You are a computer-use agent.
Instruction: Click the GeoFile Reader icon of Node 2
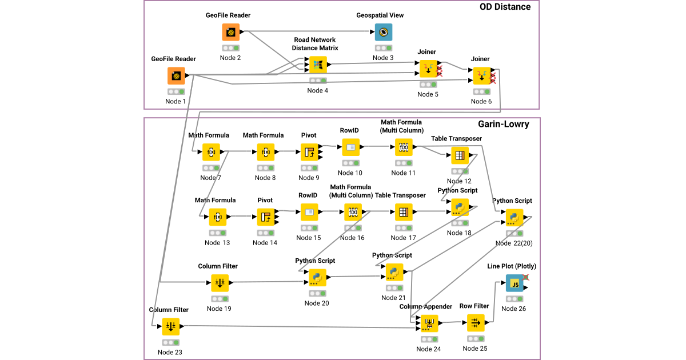coord(231,32)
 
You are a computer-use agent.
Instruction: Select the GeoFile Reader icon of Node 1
coord(176,76)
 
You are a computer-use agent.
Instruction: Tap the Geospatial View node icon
coord(384,32)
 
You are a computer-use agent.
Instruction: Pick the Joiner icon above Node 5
coord(428,69)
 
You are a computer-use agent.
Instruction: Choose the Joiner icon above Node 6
coord(481,76)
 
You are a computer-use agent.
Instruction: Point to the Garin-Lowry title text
coord(503,124)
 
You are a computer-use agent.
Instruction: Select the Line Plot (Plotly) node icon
coord(514,283)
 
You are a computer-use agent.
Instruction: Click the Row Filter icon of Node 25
coord(476,323)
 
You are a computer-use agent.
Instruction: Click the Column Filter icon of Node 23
coord(170,326)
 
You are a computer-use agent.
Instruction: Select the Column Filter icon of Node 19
coord(220,283)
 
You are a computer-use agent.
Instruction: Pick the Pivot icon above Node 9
coord(309,152)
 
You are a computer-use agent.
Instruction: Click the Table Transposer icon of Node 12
coord(460,155)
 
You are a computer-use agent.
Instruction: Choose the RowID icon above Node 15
coord(309,212)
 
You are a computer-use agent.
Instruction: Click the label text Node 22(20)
coord(514,243)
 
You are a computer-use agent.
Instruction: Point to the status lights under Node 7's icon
coord(211,168)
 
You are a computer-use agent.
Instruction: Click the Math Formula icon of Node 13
coord(218,217)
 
